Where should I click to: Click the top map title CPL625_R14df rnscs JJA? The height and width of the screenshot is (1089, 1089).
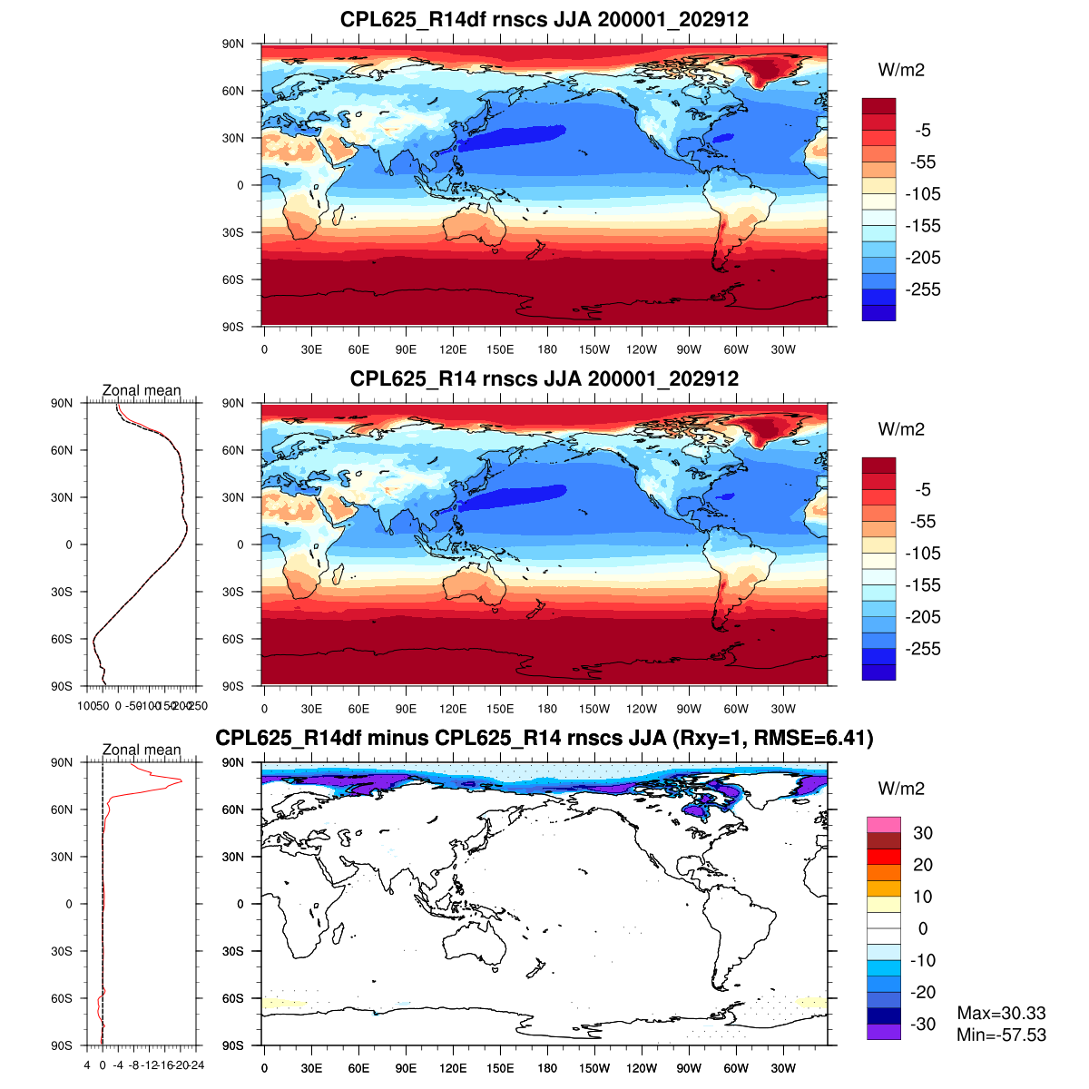point(544,19)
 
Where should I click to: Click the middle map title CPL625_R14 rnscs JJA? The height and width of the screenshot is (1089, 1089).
point(544,378)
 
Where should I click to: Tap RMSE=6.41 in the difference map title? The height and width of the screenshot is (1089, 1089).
point(821,738)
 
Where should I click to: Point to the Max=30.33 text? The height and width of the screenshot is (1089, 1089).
point(1001,1013)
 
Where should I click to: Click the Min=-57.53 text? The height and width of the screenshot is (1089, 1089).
point(1001,1035)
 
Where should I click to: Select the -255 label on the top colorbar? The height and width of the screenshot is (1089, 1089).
point(923,289)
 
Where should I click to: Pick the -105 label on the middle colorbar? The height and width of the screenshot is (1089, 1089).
point(923,554)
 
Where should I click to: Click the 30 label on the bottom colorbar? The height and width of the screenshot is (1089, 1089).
point(922,833)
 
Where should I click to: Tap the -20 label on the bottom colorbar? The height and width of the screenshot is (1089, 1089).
point(922,992)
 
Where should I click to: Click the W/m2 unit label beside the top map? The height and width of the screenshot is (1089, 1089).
point(901,71)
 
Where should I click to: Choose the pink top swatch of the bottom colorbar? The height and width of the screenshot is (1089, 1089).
point(883,825)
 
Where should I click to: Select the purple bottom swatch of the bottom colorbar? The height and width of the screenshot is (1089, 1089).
point(883,1032)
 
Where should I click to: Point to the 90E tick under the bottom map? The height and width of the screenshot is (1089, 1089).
point(406,1069)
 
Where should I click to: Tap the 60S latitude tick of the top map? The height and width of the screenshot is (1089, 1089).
point(233,280)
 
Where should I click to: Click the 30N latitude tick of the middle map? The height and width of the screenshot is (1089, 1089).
point(233,497)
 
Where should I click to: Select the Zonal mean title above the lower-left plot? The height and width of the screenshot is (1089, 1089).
point(142,750)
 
